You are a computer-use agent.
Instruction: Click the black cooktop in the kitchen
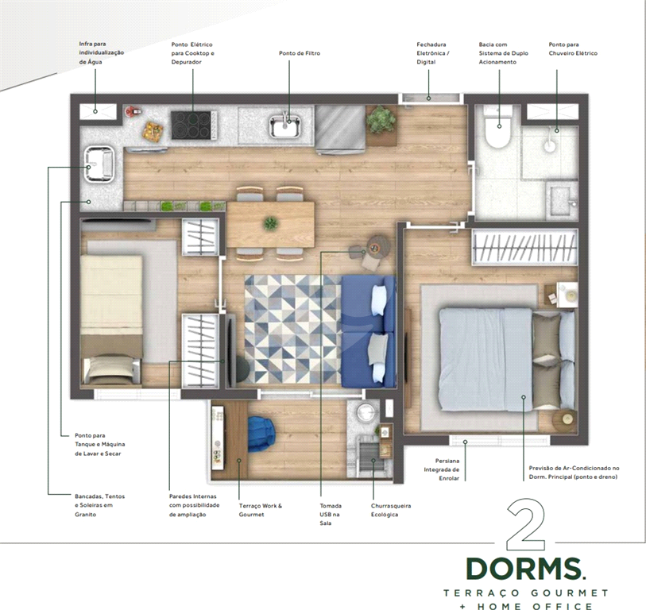(191, 125)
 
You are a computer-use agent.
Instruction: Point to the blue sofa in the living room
(369, 330)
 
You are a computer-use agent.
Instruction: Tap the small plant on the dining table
(271, 223)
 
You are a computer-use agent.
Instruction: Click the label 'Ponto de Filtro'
(299, 53)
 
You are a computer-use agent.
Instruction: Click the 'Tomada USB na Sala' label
(331, 514)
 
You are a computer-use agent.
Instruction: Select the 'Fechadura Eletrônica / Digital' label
(433, 53)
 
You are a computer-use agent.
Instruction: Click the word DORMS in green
(524, 569)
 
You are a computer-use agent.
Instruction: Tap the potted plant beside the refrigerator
(381, 120)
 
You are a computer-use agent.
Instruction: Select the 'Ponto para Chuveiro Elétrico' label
(572, 48)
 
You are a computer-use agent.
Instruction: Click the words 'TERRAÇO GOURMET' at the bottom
(525, 593)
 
